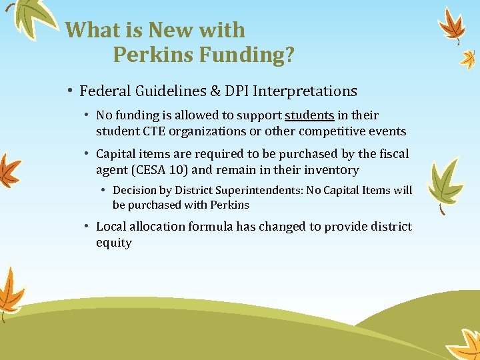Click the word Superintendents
pos(261,190)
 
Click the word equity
pos(114,243)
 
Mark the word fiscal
pos(393,154)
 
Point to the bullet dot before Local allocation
pos(88,227)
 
